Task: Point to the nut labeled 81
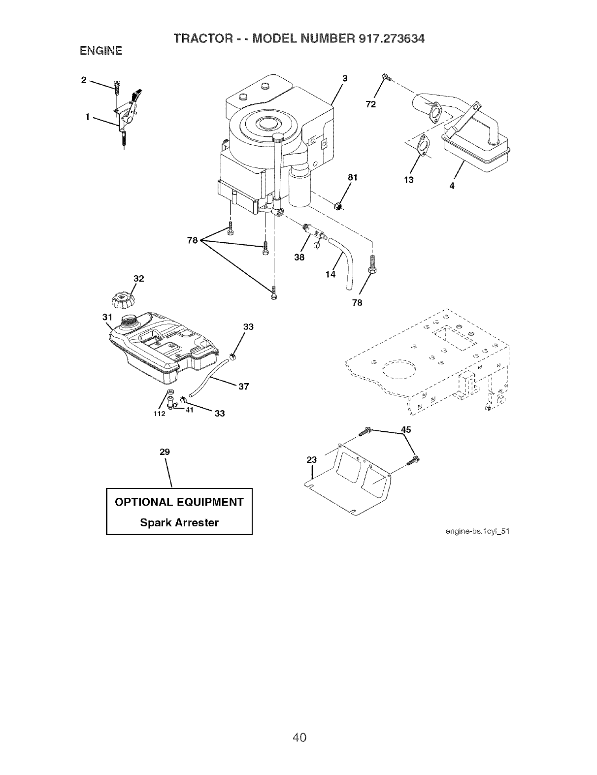click(x=338, y=205)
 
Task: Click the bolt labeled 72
click(x=386, y=77)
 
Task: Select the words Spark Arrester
click(x=179, y=522)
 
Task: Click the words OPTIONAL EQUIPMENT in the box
click(x=179, y=502)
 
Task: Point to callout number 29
click(x=165, y=452)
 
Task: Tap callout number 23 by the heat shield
click(x=311, y=460)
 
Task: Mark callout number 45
click(x=406, y=429)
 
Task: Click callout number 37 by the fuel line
click(x=242, y=387)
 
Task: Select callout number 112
click(x=158, y=413)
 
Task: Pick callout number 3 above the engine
click(x=345, y=78)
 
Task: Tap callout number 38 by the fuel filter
click(x=299, y=257)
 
